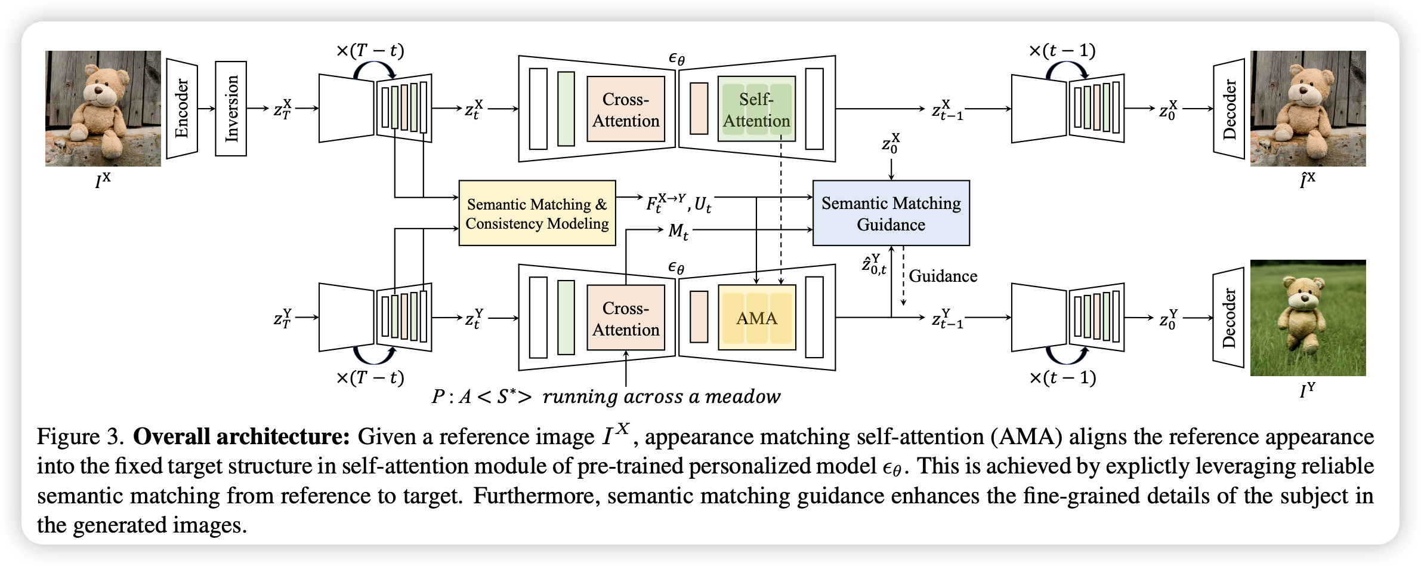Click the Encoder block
182,109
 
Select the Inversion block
231,109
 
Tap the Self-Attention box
756,109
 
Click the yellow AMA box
756,318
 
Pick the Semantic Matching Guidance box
891,213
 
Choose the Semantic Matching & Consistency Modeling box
537,213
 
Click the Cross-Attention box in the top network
626,109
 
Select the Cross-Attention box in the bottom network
626,318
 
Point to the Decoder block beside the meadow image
1228,318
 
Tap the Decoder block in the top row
1229,109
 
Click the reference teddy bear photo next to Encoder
103,108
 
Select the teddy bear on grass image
1308,318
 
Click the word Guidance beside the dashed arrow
943,276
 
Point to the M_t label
678,231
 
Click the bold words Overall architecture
241,436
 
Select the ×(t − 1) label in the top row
1062,51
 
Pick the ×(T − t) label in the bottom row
370,377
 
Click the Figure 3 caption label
81,436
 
